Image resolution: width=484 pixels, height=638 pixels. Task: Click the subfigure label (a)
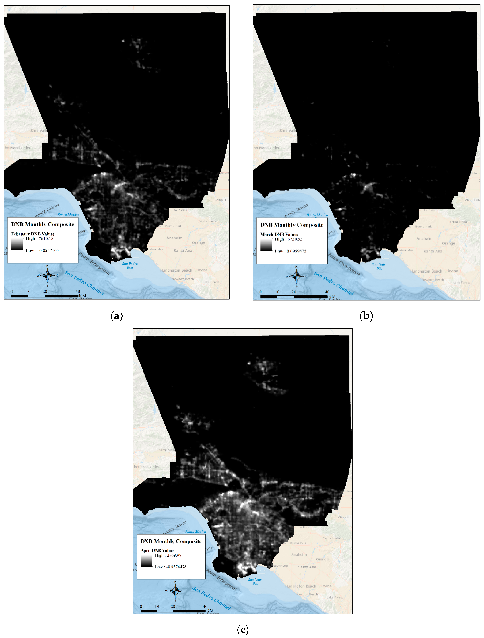tap(116, 316)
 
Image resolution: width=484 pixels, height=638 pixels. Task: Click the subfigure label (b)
tap(366, 316)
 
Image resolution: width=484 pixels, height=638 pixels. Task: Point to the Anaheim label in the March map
tap(424, 238)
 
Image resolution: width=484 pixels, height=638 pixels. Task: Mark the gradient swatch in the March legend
tap(266, 245)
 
